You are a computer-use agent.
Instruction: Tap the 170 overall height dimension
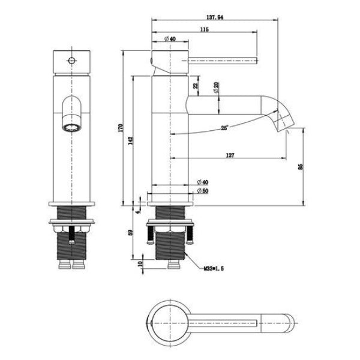[120, 128]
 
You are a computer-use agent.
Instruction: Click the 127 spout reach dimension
[230, 155]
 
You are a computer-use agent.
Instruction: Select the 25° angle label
[224, 127]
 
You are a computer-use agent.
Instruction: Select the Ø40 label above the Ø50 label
[202, 182]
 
